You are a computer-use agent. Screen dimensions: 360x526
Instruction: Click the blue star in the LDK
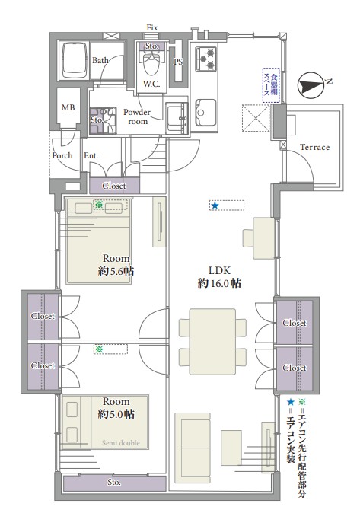coord(215,206)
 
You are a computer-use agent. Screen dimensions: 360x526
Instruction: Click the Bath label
coord(100,60)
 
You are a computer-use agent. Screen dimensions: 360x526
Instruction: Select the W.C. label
coord(151,84)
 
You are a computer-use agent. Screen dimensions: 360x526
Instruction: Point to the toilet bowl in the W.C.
coord(151,64)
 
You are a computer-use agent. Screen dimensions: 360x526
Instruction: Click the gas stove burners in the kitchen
coord(206,59)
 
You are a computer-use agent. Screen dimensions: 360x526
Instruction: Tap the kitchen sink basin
coord(205,113)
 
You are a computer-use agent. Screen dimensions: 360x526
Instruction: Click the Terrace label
coord(314,147)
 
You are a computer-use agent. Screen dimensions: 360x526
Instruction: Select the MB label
coord(68,107)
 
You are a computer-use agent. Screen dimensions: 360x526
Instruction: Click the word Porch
coord(62,155)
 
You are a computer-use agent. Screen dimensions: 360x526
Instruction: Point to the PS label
coord(178,62)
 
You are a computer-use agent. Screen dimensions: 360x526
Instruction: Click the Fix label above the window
coord(152,27)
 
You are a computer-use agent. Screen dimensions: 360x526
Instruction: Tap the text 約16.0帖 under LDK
coord(219,283)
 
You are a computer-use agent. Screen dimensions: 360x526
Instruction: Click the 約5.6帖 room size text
coord(116,271)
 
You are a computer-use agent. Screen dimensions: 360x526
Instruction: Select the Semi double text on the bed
coord(120,443)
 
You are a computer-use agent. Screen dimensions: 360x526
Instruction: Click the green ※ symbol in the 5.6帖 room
coord(98,204)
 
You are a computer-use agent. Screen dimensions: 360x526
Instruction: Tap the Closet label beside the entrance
coord(114,186)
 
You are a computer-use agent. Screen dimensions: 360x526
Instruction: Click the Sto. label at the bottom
coord(114,483)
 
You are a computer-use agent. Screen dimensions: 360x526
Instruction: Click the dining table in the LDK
coord(212,342)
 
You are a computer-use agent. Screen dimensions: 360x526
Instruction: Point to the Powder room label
coord(137,116)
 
